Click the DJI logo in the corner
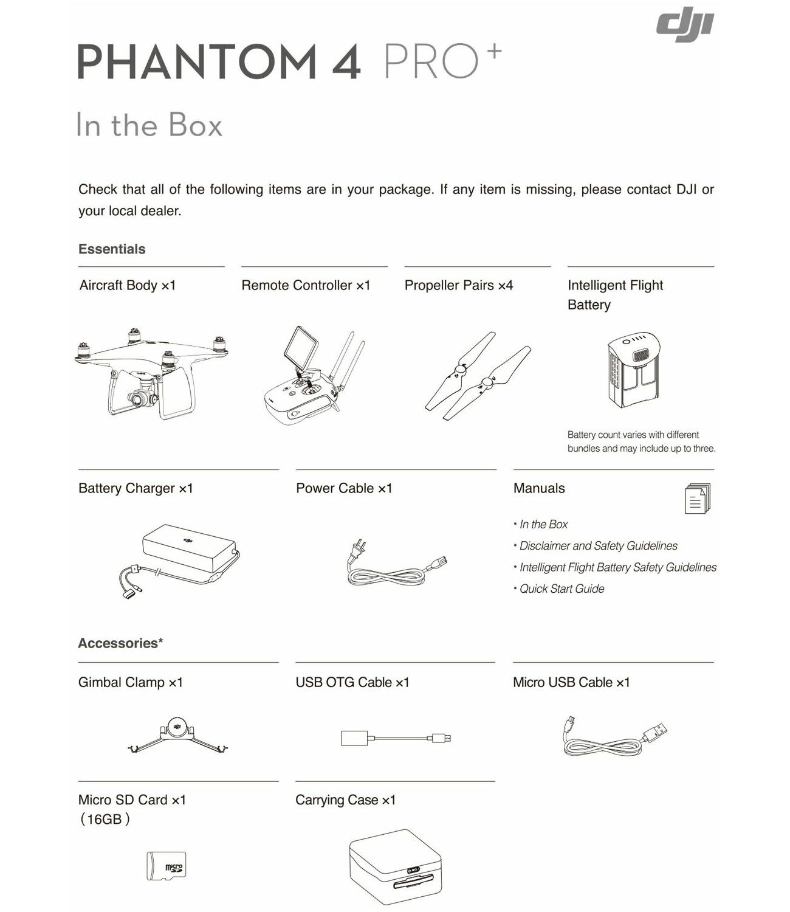685,28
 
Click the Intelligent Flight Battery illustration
634,371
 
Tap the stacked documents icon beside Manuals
696,499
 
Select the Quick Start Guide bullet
562,589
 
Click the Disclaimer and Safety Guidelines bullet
598,546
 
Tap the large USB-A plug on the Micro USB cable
654,732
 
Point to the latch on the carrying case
413,870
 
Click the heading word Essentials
112,249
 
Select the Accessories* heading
120,643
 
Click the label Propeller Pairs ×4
459,285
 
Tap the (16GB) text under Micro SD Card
105,820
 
